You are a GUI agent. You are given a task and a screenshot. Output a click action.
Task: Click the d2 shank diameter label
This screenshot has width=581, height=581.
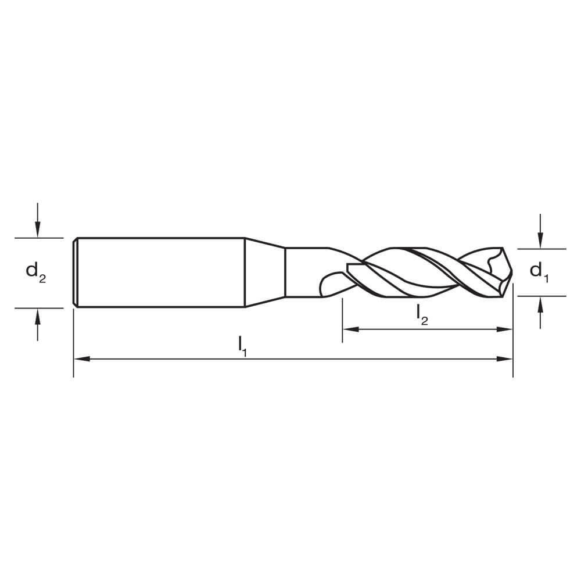[x=35, y=272]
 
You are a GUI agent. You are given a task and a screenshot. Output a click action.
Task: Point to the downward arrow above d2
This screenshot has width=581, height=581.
[x=38, y=230]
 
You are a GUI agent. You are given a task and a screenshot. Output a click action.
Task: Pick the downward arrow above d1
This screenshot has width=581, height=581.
[x=540, y=241]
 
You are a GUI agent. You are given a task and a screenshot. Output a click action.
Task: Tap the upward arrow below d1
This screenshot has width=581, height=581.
[x=540, y=303]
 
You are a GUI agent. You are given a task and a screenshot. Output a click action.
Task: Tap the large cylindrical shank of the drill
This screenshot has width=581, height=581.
[x=160, y=272]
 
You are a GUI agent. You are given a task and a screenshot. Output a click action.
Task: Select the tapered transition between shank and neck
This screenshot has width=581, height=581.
[x=264, y=272]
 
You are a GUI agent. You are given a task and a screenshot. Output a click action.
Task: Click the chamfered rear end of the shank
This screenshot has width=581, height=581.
[x=76, y=272]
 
